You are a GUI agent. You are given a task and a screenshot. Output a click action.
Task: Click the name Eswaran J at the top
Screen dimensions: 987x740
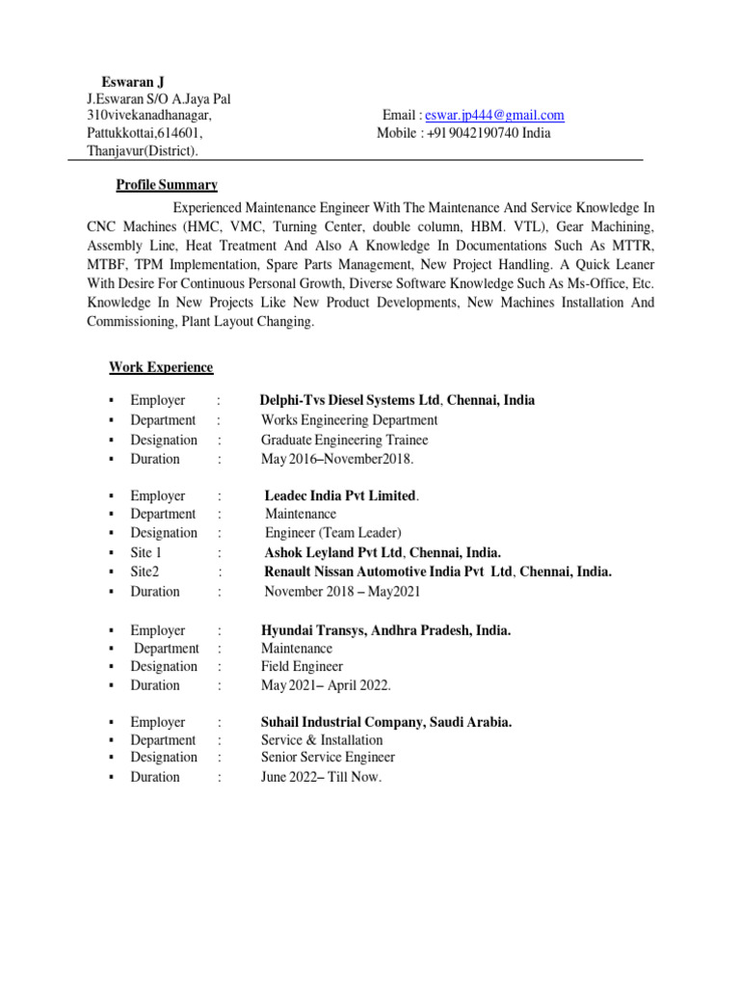[x=133, y=81]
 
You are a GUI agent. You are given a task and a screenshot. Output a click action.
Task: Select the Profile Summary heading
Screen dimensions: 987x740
[x=167, y=185]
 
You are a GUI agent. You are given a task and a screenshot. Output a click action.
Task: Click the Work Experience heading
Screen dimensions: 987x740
[x=161, y=367]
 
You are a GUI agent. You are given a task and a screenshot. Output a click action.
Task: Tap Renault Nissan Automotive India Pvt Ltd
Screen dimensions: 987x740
[x=389, y=572]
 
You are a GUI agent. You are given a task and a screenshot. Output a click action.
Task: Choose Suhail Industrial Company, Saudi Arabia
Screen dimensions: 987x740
[x=386, y=722]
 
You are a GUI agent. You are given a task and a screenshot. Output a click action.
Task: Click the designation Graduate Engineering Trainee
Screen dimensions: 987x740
[x=344, y=440]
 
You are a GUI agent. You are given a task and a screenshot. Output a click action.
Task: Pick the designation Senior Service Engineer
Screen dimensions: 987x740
[x=328, y=758]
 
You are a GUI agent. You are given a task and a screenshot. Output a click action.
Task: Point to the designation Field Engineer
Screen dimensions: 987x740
[x=302, y=666]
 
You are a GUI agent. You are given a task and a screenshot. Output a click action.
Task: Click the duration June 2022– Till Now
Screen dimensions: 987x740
[x=321, y=777]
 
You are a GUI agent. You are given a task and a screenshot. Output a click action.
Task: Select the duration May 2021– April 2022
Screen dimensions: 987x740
[x=326, y=685]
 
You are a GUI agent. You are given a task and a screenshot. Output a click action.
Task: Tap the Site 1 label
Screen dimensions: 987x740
[x=146, y=553]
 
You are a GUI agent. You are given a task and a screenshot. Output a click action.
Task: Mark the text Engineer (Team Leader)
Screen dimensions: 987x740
[x=332, y=533]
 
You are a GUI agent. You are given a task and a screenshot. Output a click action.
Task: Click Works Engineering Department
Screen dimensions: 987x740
[x=349, y=420]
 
